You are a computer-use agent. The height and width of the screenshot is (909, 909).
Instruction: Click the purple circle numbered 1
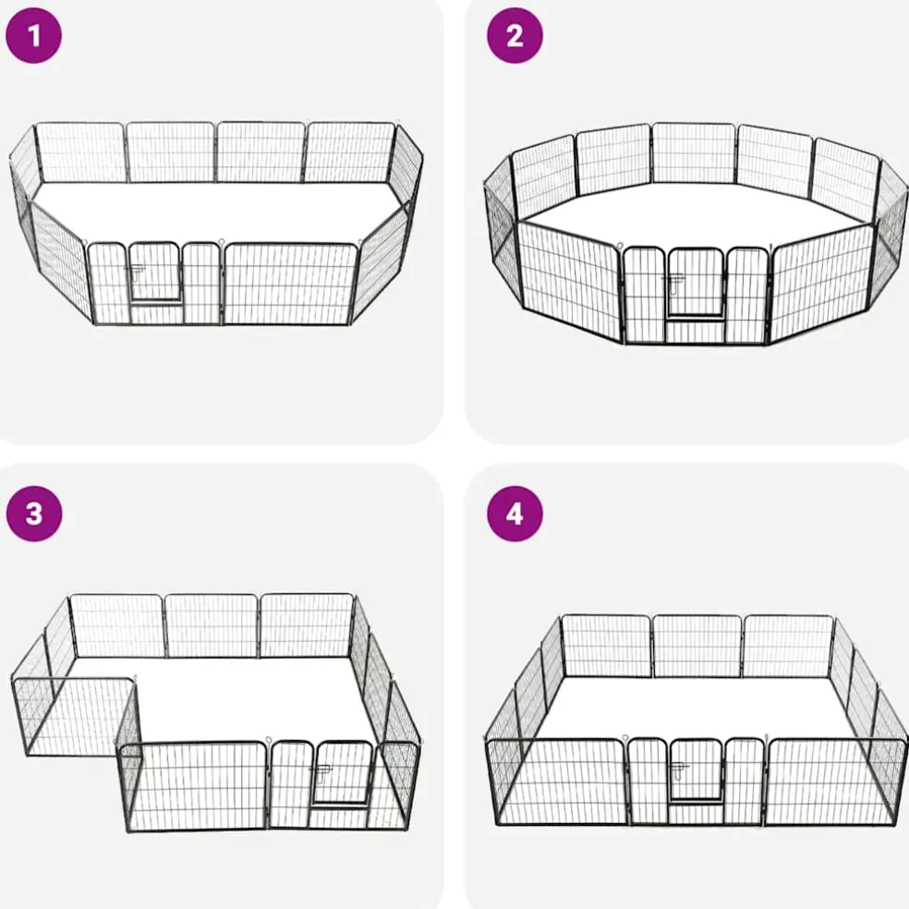coord(33,35)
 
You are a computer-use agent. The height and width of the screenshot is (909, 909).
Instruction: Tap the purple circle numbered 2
coord(515,35)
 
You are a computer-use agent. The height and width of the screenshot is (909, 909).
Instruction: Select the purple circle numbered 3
coord(33,514)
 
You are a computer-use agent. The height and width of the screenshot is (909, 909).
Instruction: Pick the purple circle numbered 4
coord(515,514)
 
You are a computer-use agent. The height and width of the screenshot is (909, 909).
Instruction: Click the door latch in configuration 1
coord(136,272)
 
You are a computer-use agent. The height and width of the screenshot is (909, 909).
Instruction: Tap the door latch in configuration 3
coord(320,773)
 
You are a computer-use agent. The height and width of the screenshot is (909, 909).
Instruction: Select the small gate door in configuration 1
coord(155,272)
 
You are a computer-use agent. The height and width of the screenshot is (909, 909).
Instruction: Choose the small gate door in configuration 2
coord(696,284)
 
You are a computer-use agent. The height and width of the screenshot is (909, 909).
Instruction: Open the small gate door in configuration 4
coord(696,772)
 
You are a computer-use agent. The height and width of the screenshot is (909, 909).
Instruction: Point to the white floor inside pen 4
coord(696,708)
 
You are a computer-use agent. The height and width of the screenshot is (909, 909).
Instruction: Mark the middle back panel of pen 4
coord(697,646)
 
